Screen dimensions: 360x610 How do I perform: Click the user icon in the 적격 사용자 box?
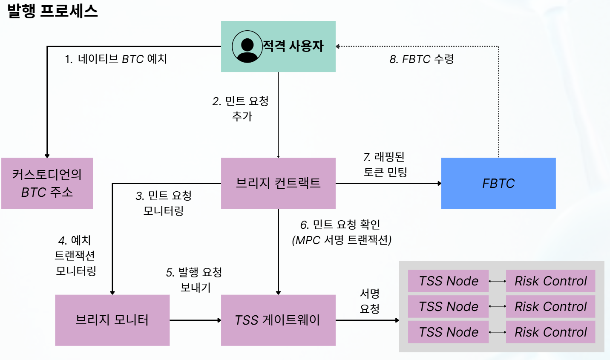point(247,46)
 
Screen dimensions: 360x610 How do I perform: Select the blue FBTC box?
point(498,183)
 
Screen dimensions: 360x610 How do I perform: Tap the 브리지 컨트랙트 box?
point(278,183)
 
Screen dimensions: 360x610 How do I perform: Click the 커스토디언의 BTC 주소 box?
point(47,183)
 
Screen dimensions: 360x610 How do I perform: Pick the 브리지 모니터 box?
point(112,320)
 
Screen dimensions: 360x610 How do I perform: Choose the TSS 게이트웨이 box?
point(278,320)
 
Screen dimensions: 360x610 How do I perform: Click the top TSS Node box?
point(448,281)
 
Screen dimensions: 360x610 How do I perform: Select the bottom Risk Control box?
point(550,332)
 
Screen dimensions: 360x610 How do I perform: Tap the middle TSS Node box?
point(448,307)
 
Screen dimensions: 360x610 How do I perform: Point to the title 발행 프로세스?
point(52,11)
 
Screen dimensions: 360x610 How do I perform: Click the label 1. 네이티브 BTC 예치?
point(115,59)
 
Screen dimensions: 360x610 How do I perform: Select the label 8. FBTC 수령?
point(422,59)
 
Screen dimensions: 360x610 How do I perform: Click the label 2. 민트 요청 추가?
point(241,109)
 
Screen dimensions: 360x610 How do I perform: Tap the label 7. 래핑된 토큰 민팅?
point(385,164)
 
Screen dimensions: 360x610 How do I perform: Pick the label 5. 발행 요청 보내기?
point(194,280)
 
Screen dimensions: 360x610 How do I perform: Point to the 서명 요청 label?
point(369,301)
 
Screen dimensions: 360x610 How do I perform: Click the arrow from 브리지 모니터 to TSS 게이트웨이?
point(195,320)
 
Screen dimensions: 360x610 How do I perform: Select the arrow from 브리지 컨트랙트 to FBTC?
point(388,184)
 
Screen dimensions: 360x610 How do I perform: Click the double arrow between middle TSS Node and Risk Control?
point(497,307)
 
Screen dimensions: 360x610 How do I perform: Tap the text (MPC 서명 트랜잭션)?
point(342,240)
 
